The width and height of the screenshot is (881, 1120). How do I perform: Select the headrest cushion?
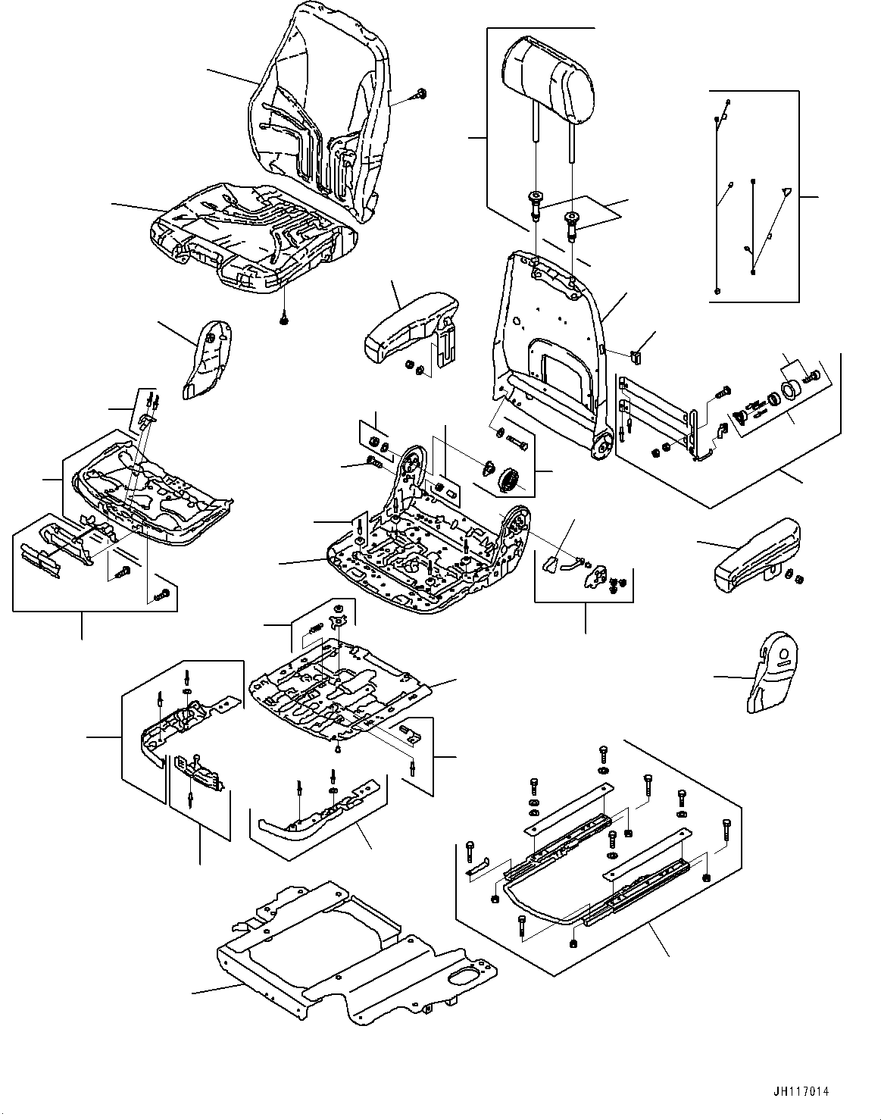tap(551, 79)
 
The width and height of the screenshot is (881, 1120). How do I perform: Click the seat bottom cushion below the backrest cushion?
tap(254, 235)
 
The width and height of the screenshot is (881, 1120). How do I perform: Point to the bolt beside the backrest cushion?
tap(420, 95)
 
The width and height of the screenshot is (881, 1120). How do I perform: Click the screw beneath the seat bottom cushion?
tap(284, 319)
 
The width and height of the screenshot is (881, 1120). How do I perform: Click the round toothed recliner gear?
tap(509, 479)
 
